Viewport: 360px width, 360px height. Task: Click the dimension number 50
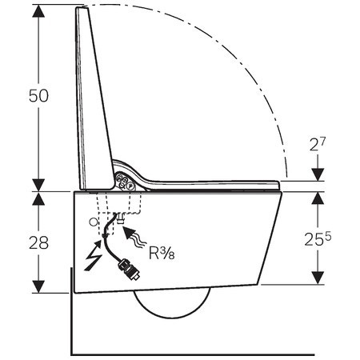39,96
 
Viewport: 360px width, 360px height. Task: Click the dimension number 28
39,243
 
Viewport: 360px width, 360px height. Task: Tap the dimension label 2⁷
318,144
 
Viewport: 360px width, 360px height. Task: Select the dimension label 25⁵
318,238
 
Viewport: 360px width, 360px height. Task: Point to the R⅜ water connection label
162,253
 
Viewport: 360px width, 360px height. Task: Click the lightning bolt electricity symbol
94,255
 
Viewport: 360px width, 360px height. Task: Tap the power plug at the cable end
129,270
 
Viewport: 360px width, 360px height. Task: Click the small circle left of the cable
93,222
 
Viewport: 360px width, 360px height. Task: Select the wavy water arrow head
130,233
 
